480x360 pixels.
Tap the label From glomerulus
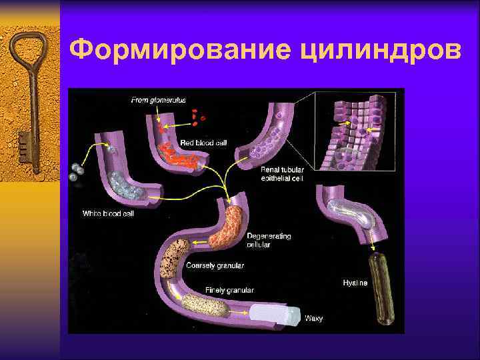pyautogui.click(x=158, y=100)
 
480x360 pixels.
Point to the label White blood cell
pyautogui.click(x=109, y=213)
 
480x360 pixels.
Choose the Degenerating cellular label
pyautogui.click(x=268, y=240)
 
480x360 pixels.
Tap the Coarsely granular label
pyautogui.click(x=215, y=265)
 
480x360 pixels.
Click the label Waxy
pyautogui.click(x=313, y=318)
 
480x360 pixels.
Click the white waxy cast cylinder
pyautogui.click(x=283, y=313)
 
